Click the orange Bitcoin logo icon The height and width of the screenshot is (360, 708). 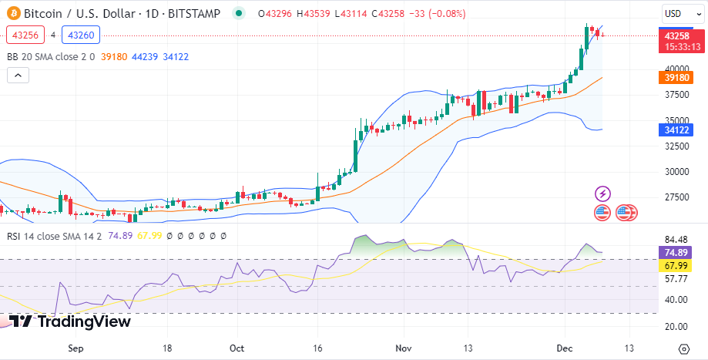13,13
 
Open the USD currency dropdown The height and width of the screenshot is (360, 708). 681,14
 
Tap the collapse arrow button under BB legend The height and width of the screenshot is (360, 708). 18,75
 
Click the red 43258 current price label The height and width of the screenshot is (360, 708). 676,36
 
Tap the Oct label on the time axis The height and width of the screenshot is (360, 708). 238,348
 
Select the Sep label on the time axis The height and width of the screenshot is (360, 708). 75,348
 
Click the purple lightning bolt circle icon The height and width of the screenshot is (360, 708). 603,193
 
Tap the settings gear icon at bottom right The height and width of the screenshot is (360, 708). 683,349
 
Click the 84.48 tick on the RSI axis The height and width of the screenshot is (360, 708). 676,239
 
